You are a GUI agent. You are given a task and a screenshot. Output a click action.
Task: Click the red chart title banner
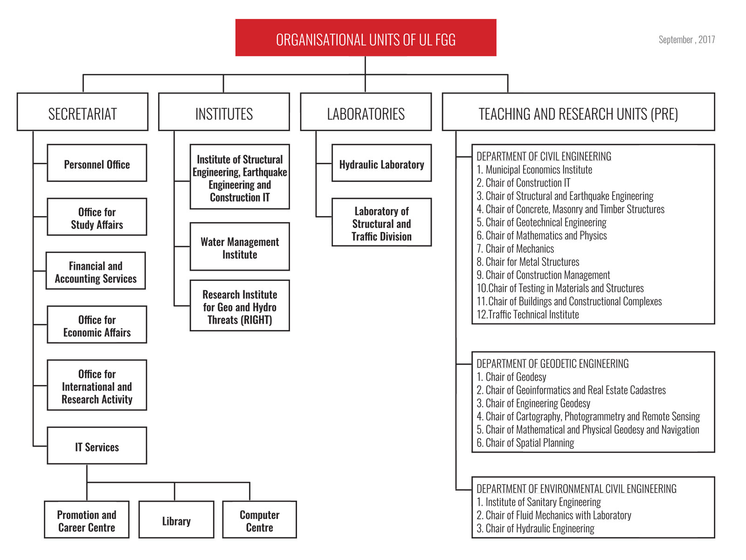pos(366,37)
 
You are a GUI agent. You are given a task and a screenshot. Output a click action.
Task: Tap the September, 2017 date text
pos(686,40)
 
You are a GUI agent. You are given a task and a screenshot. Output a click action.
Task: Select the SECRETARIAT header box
pos(83,112)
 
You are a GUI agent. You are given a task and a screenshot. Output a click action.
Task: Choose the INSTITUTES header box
pos(224,112)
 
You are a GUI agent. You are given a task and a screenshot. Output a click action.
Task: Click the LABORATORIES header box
pos(366,112)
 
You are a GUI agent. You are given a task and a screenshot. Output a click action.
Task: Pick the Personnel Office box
pos(97,163)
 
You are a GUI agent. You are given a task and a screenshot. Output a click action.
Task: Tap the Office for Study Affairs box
pos(97,217)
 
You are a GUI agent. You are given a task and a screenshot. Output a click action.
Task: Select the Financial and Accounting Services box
pos(96,271)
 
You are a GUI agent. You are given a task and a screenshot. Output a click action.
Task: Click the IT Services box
pos(97,445)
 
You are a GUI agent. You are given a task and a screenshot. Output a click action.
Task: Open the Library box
pos(176,519)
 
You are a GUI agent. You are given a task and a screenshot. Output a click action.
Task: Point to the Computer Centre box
pos(259,519)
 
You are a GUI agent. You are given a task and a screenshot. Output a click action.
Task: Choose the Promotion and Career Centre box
pos(87,519)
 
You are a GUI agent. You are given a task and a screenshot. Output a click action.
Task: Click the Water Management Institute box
pos(240,246)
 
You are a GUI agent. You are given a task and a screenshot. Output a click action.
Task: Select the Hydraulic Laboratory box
pos(381,163)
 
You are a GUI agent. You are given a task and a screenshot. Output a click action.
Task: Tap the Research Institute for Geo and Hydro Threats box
pos(240,305)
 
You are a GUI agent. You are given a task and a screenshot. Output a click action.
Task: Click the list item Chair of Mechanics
pos(515,249)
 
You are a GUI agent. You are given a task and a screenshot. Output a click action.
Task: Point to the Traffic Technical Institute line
pos(527,315)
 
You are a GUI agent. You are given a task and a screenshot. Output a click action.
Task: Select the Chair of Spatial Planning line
pos(525,443)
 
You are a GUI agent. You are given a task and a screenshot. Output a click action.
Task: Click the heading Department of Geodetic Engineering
pos(553,364)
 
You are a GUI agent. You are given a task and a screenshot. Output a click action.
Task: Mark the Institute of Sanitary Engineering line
pos(539,502)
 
